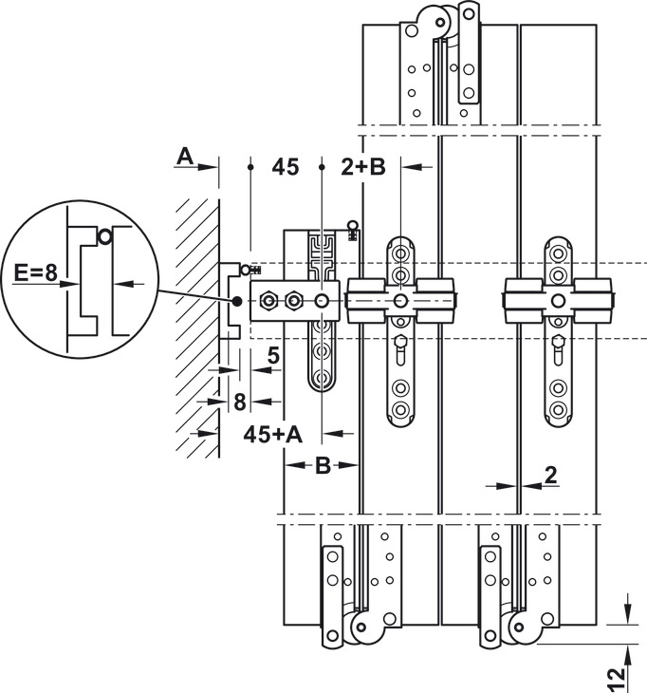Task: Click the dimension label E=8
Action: (x=36, y=275)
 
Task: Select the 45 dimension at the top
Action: (x=285, y=168)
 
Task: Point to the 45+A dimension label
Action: (x=272, y=434)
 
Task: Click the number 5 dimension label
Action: (x=272, y=358)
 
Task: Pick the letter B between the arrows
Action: (x=323, y=465)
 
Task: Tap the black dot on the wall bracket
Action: (x=236, y=302)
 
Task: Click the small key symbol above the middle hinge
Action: (x=353, y=229)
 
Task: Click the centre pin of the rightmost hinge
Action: (x=561, y=302)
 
